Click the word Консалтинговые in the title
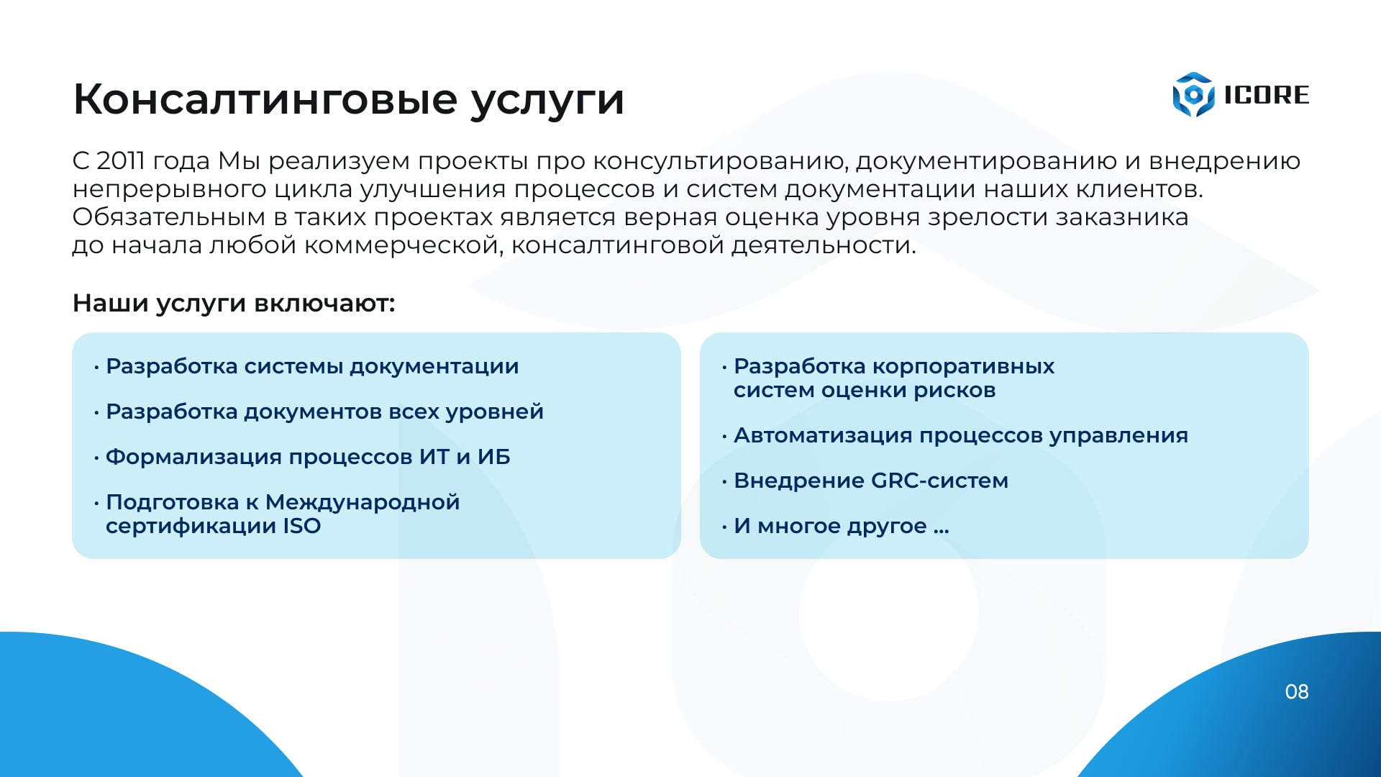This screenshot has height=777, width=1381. click(265, 99)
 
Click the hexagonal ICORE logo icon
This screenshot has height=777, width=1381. click(1193, 94)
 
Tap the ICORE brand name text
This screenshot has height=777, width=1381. click(1267, 95)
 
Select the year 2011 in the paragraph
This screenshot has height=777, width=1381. click(121, 160)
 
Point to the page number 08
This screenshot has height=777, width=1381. click(1297, 691)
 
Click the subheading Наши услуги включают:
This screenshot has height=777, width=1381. click(234, 303)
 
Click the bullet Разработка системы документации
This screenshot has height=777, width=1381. click(312, 366)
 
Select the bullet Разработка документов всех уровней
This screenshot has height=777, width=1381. click(324, 412)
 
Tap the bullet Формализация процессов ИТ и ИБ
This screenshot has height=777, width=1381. click(308, 457)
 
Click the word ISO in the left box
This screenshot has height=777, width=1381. click(302, 526)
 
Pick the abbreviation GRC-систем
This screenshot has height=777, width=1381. click(939, 481)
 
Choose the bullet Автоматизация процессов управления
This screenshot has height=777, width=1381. click(961, 435)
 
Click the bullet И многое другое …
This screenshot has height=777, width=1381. click(842, 526)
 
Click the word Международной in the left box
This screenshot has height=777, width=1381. click(363, 502)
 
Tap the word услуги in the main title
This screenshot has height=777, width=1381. click(547, 100)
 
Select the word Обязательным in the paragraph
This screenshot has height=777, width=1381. click(169, 217)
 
